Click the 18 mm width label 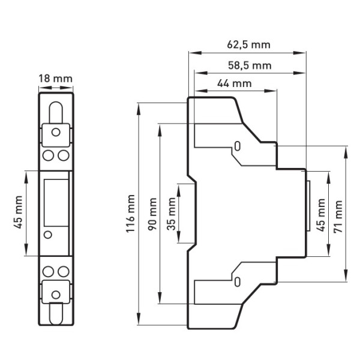[x=55, y=79]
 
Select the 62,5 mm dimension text [x=248, y=44]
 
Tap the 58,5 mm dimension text [x=248, y=65]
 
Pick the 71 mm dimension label [x=340, y=213]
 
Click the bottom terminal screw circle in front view [x=56, y=295]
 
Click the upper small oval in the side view [x=238, y=146]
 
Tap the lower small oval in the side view [x=238, y=281]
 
